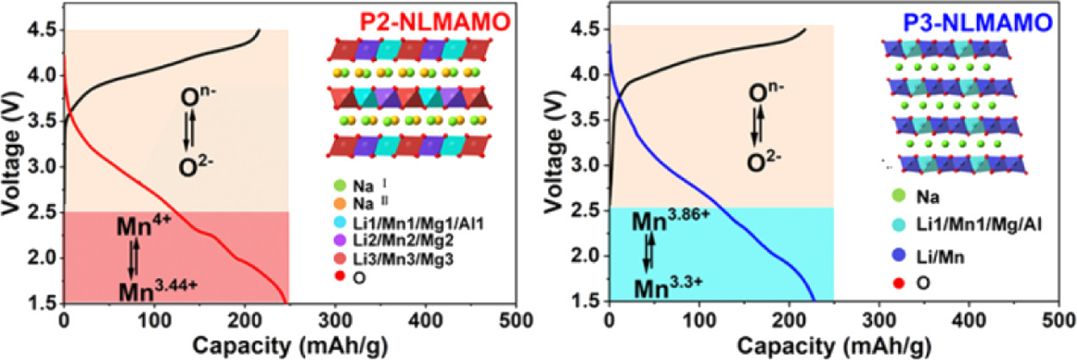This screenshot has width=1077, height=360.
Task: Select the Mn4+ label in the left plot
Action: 141,227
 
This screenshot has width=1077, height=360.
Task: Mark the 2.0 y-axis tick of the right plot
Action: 589,256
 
